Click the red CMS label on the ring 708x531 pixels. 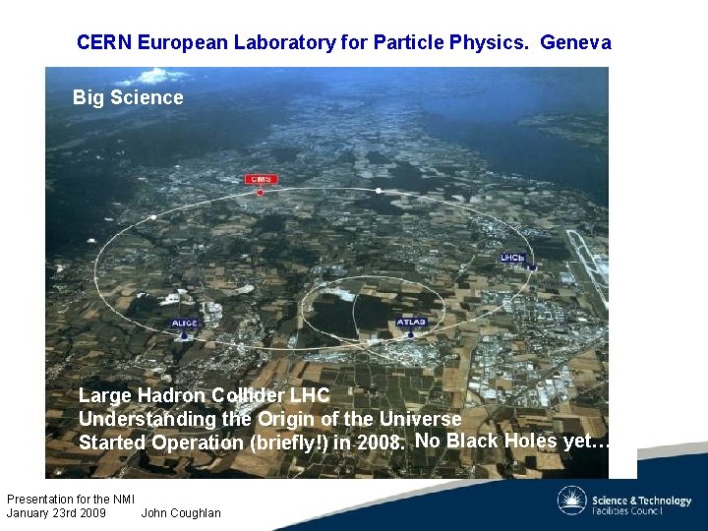pyautogui.click(x=260, y=179)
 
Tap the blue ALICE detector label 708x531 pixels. pyautogui.click(x=185, y=323)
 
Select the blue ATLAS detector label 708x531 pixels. pyautogui.click(x=411, y=322)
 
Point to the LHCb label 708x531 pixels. pyautogui.click(x=513, y=258)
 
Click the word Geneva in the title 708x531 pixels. pyautogui.click(x=575, y=42)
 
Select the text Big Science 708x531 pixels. pyautogui.click(x=128, y=97)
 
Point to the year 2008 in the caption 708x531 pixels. pyautogui.click(x=379, y=442)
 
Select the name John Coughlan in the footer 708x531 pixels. pyautogui.click(x=181, y=512)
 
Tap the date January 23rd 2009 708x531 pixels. pyautogui.click(x=56, y=512)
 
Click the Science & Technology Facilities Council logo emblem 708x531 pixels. pyautogui.click(x=572, y=501)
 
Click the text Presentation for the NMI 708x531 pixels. pyautogui.click(x=70, y=499)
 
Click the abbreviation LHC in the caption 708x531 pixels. pyautogui.click(x=309, y=396)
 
